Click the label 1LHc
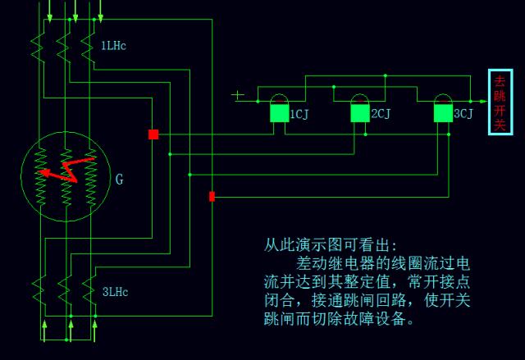coord(113,45)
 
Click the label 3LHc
coord(115,291)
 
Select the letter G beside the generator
coord(120,179)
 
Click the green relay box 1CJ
coord(279,113)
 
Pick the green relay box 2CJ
coord(359,113)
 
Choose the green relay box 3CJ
coord(443,113)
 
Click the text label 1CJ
coord(299,114)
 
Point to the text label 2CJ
coord(381,114)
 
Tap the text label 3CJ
coord(463,114)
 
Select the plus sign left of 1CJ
coord(238,95)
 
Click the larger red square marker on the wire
coord(153,134)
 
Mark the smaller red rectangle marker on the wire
coord(212,196)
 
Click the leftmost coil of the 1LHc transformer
coord(37,45)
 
